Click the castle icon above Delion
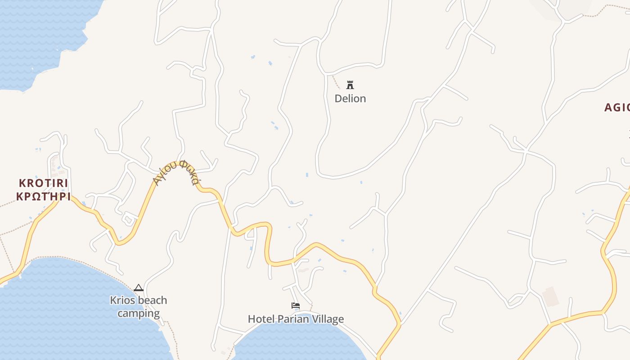[350, 85]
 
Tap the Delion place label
[350, 99]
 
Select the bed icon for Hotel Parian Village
[296, 306]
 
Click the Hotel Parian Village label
[296, 319]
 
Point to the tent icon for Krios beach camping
[139, 288]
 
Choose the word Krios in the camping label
[123, 300]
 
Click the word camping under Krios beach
[139, 313]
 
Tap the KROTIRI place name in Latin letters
[43, 183]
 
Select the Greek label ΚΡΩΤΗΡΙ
[43, 196]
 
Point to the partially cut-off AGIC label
[616, 108]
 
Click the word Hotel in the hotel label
[261, 319]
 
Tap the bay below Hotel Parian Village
[297, 342]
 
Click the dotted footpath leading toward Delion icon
[336, 82]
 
